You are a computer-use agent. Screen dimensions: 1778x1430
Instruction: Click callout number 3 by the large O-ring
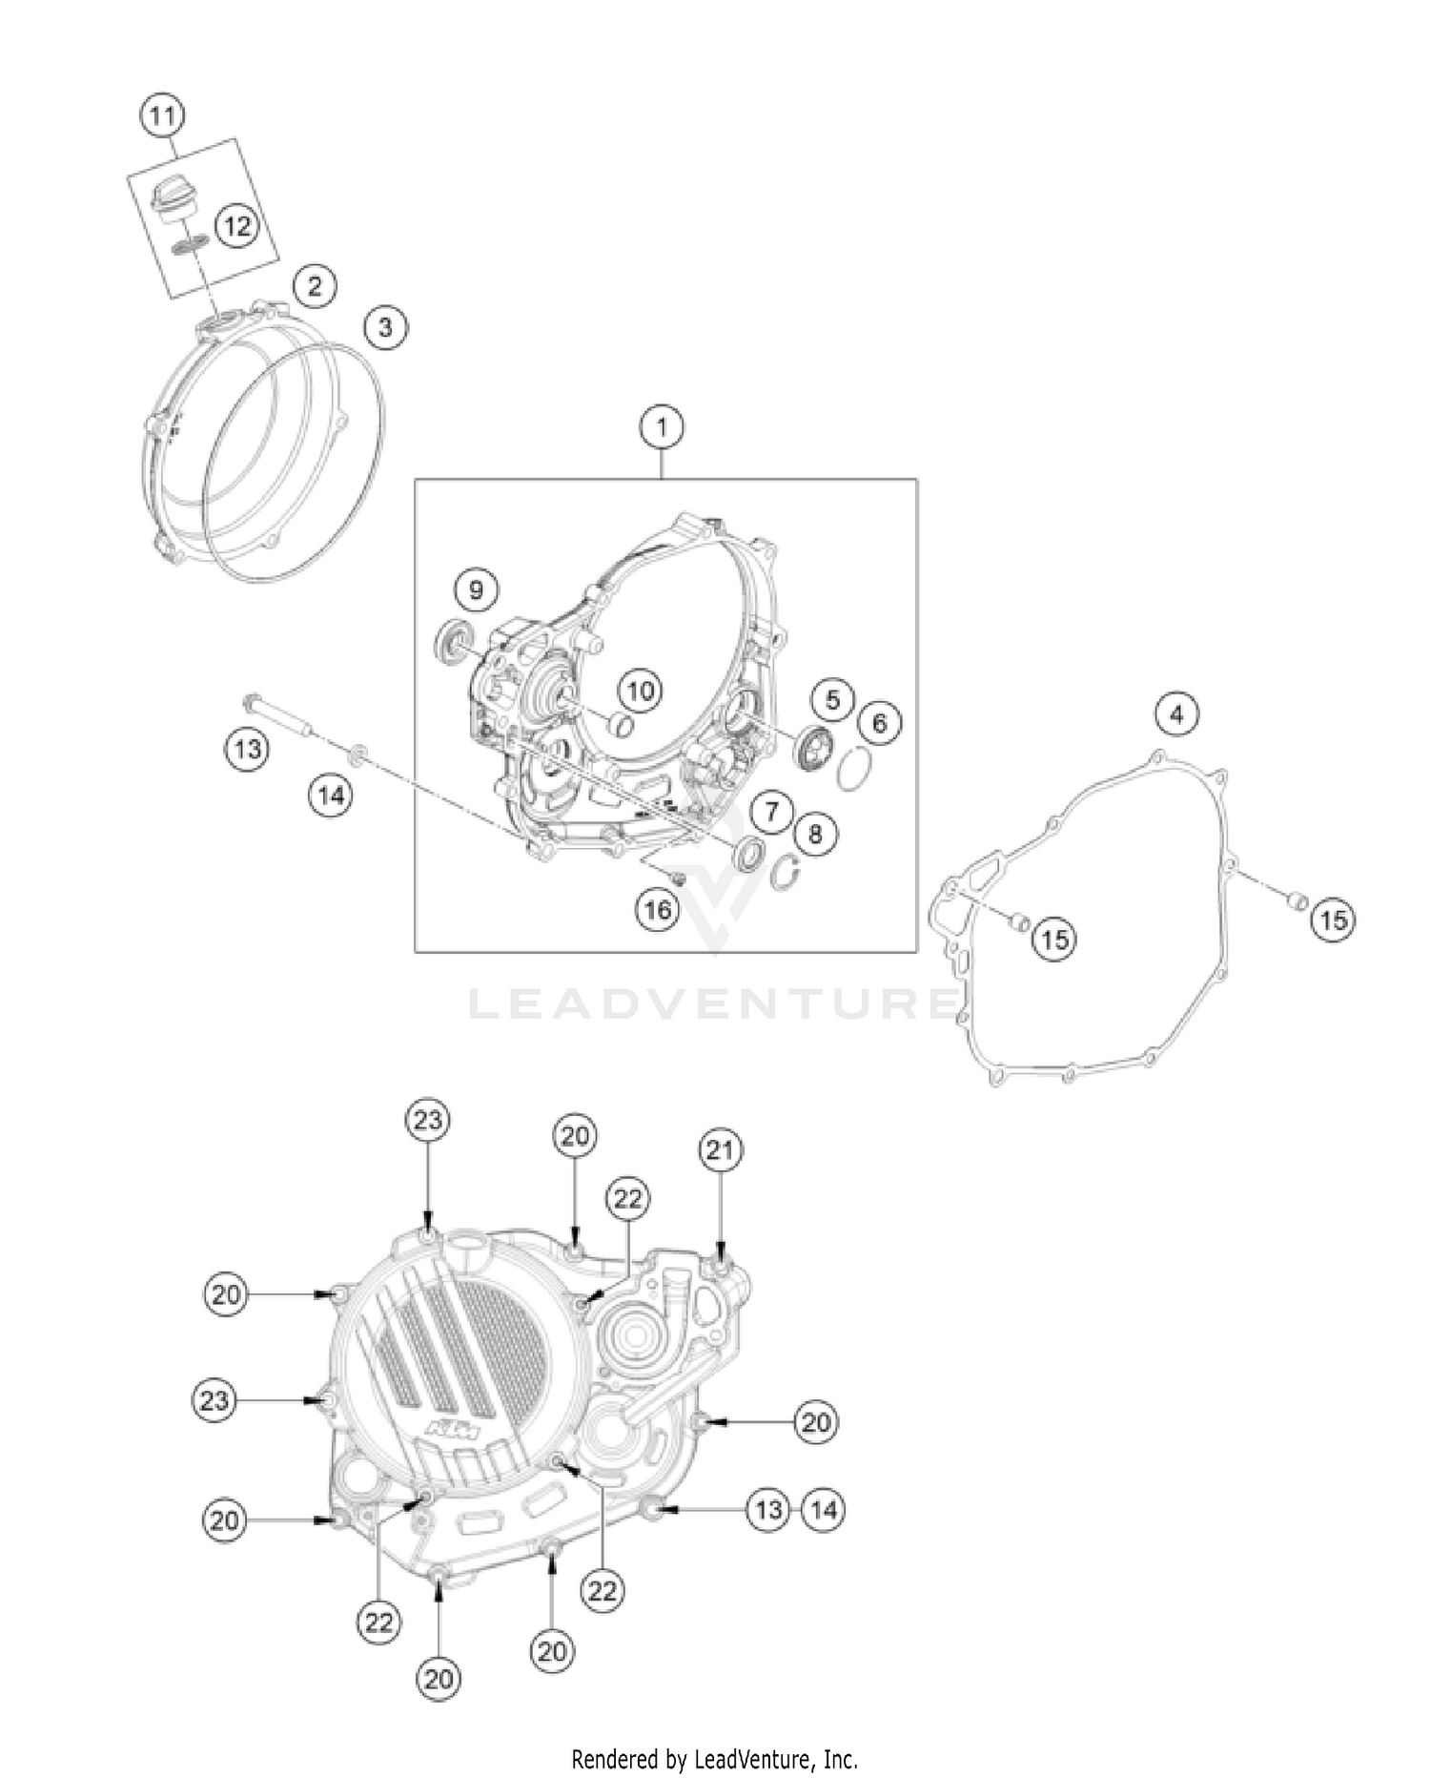tap(384, 327)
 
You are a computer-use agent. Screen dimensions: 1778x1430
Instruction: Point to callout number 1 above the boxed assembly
tap(663, 427)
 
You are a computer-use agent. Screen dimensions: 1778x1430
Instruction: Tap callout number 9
tap(476, 589)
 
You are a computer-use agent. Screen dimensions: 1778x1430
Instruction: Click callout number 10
tap(641, 689)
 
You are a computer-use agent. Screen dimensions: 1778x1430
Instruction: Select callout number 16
tap(658, 909)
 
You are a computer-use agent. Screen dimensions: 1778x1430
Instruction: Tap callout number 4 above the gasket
tap(1176, 713)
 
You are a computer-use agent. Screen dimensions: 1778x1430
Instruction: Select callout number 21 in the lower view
tap(720, 1151)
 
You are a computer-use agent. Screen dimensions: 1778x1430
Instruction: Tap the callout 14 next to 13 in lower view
tap(824, 1509)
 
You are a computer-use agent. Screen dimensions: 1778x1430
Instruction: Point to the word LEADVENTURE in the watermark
tap(715, 1003)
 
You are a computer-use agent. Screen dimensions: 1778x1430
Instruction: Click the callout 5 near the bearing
tap(832, 699)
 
